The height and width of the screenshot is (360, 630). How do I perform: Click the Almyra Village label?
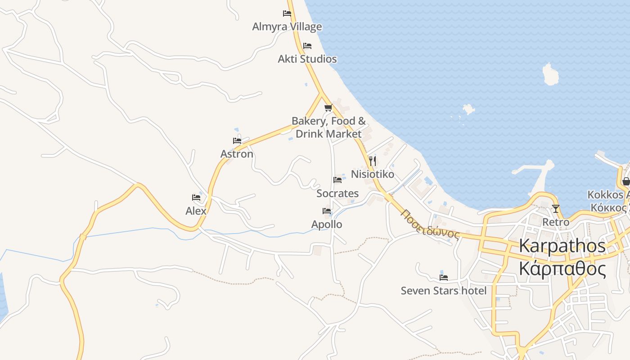click(x=287, y=27)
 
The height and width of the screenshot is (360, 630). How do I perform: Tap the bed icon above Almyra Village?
click(x=287, y=13)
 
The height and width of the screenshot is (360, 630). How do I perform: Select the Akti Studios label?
click(x=307, y=59)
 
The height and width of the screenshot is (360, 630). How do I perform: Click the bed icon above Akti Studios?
click(x=307, y=46)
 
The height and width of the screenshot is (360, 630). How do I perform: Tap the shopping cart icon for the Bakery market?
click(x=328, y=108)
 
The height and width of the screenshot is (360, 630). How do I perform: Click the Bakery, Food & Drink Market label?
click(x=328, y=127)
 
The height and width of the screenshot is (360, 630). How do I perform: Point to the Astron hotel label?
click(x=237, y=154)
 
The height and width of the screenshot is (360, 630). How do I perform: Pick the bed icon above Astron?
click(x=237, y=141)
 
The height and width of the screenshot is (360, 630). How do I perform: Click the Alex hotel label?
click(x=196, y=211)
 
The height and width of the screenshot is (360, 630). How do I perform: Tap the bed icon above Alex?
click(x=196, y=198)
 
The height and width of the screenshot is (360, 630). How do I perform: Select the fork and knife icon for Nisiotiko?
click(x=372, y=161)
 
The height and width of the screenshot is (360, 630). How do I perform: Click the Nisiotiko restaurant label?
click(x=372, y=174)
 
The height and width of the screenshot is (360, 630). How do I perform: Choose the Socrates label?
click(x=337, y=193)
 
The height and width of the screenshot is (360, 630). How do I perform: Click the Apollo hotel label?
click(x=327, y=224)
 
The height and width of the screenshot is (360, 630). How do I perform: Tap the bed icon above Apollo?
click(x=327, y=211)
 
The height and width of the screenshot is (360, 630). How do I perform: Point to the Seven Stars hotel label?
click(x=444, y=291)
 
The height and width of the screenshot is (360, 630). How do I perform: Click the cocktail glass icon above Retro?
click(x=556, y=209)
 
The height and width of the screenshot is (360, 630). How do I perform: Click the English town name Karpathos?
click(x=562, y=246)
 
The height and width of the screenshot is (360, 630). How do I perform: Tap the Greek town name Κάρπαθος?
click(x=562, y=269)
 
